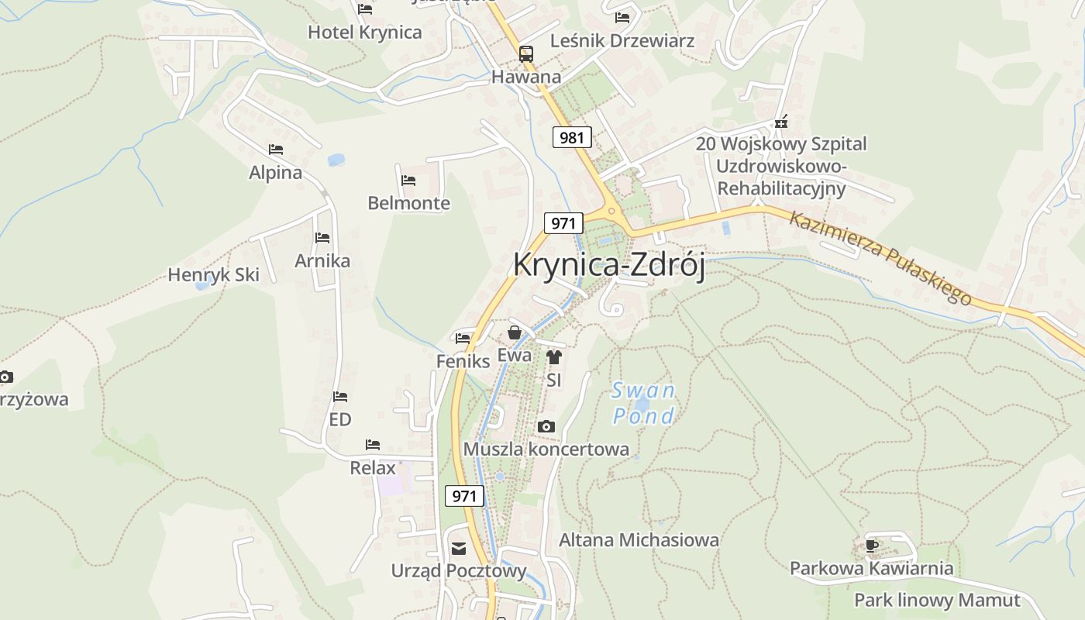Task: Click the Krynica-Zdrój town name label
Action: click(608, 265)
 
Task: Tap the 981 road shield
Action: click(572, 138)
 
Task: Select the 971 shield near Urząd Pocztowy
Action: click(464, 496)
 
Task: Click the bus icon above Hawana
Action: click(526, 53)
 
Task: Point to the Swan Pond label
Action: click(643, 403)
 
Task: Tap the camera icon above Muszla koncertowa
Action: click(546, 427)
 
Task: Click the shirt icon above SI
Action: click(553, 357)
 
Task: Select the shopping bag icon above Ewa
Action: click(514, 333)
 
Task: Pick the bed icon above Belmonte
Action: click(408, 181)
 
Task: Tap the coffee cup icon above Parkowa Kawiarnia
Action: click(872, 546)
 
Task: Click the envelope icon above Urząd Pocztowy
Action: click(459, 549)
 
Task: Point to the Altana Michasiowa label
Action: click(639, 540)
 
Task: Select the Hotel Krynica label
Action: click(364, 33)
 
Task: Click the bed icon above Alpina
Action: click(276, 150)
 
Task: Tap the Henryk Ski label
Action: click(213, 275)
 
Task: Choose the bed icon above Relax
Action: click(373, 445)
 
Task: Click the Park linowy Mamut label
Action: click(937, 601)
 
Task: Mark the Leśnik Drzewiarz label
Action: click(622, 40)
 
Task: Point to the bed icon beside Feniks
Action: click(463, 338)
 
